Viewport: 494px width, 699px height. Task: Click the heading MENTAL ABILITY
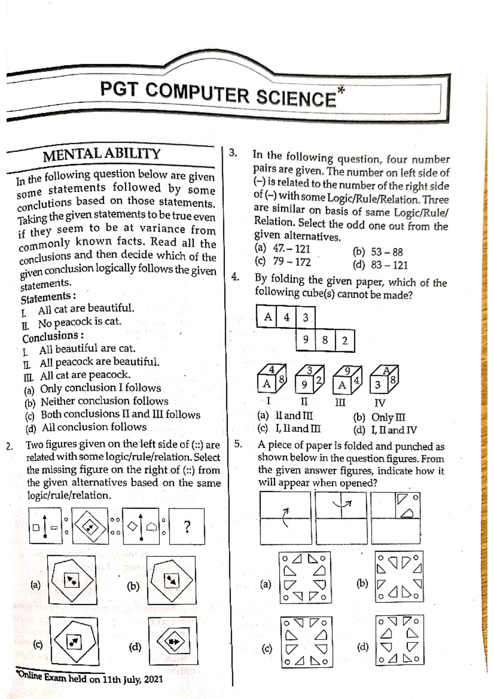click(x=102, y=154)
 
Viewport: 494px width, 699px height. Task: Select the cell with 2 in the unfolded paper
click(x=345, y=340)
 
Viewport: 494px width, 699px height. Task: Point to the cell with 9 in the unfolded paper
click(x=306, y=340)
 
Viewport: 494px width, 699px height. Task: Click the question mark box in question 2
click(x=187, y=526)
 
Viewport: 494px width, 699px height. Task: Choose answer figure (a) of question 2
click(x=72, y=580)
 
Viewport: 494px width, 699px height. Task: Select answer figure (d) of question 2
click(x=173, y=641)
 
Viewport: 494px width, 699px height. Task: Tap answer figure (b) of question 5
click(x=399, y=576)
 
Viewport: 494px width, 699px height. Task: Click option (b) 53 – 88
click(x=377, y=252)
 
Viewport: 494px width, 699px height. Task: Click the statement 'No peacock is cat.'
click(x=79, y=322)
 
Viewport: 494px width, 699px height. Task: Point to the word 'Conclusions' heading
click(x=50, y=337)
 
